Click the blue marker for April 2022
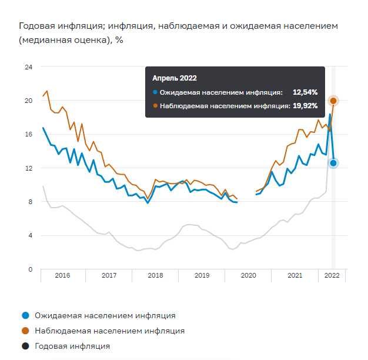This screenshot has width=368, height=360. pos(333,163)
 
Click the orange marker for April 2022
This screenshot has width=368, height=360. pos(333,101)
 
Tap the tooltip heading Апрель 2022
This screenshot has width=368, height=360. pos(175,78)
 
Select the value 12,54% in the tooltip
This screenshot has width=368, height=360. pos(305,92)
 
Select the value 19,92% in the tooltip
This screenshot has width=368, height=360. pos(305,106)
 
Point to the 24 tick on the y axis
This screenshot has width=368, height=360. pos(28,67)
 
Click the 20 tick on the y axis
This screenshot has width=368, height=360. pos(28,101)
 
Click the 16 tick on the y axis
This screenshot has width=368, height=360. pos(28,134)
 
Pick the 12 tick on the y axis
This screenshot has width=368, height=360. pos(28,168)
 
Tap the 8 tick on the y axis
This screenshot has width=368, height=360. pos(29,202)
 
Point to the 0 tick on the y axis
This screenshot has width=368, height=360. pos(29,269)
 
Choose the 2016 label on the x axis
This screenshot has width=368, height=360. pos(62,275)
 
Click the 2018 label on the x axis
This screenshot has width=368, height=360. pos(155,275)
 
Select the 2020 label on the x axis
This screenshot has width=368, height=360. pos(248,275)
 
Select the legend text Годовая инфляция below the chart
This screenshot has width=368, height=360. pos(72,346)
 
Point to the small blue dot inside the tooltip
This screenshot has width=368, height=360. pos(155,92)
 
